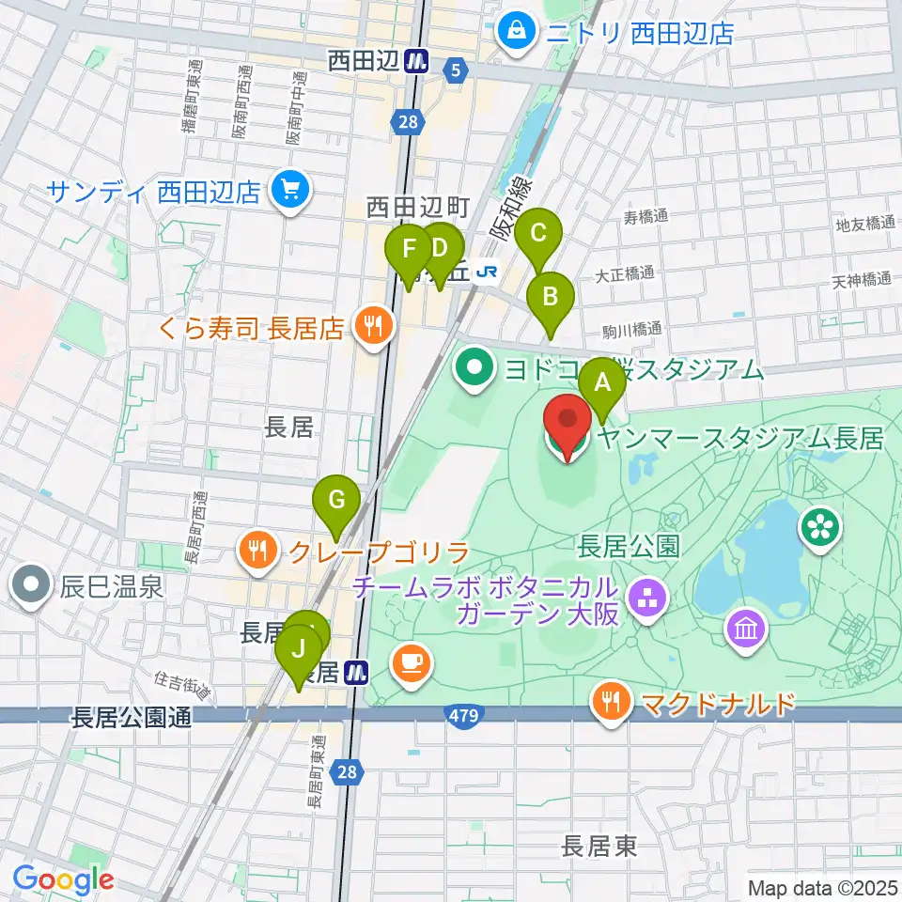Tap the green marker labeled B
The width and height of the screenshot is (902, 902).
click(552, 299)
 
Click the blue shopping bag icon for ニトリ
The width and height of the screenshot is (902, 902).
click(516, 34)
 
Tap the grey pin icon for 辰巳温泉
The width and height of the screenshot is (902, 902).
click(31, 587)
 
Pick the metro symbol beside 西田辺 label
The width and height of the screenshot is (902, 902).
click(417, 61)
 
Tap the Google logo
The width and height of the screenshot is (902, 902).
click(63, 880)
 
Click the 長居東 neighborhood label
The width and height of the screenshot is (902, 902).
click(599, 846)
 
